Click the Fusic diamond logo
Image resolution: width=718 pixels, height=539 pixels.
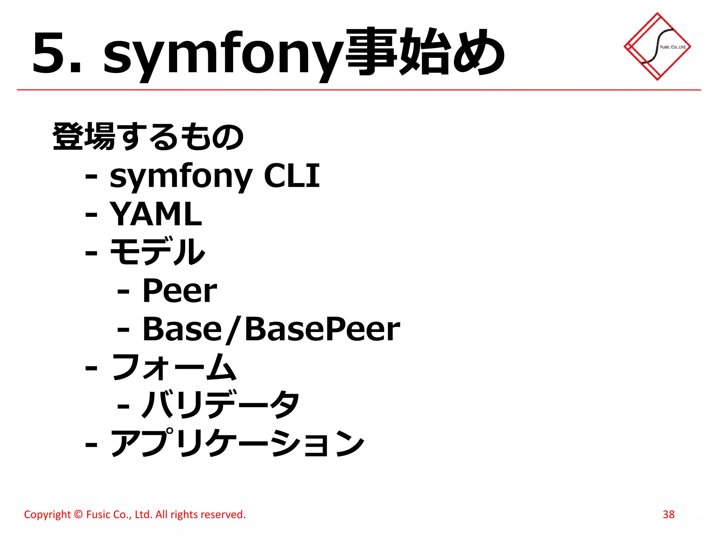click(657, 46)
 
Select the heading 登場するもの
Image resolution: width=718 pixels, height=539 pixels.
click(148, 137)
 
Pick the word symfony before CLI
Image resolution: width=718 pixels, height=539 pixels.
click(181, 177)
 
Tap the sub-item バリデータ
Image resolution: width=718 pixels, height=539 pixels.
click(221, 405)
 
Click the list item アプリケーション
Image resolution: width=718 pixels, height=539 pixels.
click(237, 443)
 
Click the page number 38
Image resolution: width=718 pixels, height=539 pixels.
click(668, 514)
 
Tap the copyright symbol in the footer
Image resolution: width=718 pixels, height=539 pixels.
click(79, 514)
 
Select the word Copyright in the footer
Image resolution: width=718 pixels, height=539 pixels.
click(47, 514)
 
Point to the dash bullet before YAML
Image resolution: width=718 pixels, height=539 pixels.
click(91, 214)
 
